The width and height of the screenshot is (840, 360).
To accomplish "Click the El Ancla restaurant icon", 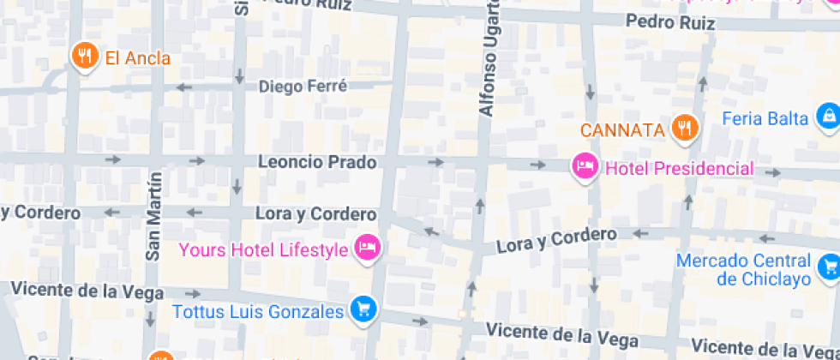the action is click(84, 57).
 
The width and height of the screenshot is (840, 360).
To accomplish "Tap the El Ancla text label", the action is click(137, 58).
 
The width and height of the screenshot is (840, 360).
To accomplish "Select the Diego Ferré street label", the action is click(303, 87).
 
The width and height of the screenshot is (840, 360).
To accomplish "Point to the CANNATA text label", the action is click(623, 130).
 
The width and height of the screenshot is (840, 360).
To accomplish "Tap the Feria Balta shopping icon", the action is click(828, 117).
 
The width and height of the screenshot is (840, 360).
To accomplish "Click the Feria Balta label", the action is click(765, 118).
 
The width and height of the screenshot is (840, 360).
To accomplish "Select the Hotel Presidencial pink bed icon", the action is click(585, 166).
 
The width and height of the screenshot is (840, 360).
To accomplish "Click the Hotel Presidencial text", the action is click(680, 168).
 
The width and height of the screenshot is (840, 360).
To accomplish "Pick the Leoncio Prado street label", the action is click(317, 162).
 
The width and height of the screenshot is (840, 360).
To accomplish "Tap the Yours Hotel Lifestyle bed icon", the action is click(368, 248).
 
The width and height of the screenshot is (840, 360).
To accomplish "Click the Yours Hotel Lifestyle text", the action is click(263, 249).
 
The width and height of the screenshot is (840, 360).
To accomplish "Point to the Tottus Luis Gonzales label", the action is click(258, 312).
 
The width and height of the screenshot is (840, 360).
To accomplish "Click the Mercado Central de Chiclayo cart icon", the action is click(829, 267).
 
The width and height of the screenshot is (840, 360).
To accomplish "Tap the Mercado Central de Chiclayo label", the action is click(742, 269).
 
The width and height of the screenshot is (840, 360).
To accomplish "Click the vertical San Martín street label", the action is click(154, 216).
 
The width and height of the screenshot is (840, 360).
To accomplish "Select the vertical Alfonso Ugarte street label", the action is click(488, 58).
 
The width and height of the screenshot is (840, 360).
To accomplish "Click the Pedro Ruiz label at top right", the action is click(670, 22).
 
